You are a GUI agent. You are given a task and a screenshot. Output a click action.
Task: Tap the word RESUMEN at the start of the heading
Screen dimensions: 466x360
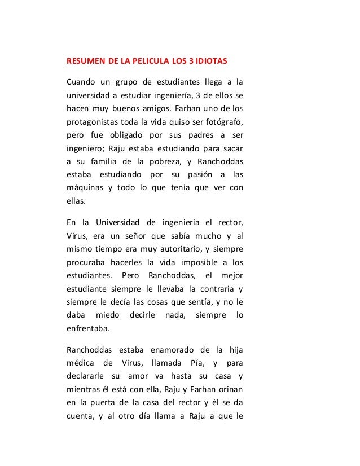[x=84, y=60]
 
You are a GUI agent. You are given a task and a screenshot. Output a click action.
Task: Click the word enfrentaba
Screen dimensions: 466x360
[x=88, y=328]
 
